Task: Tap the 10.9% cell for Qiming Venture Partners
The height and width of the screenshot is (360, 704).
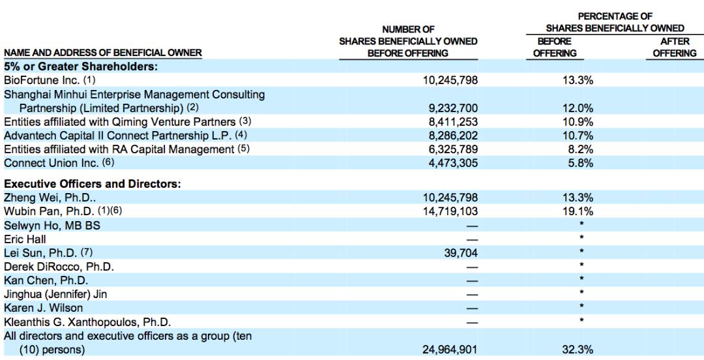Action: [578, 122]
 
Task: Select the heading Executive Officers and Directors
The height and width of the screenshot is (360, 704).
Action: [92, 184]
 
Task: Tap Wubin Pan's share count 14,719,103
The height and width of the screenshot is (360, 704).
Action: [449, 211]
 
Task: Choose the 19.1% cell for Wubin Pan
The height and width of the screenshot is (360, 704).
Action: [578, 211]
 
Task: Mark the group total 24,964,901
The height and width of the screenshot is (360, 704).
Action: [449, 350]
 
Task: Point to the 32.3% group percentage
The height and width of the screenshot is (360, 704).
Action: [578, 350]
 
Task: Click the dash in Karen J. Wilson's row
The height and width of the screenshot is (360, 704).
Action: [472, 308]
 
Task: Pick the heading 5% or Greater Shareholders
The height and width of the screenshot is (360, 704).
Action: [81, 67]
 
